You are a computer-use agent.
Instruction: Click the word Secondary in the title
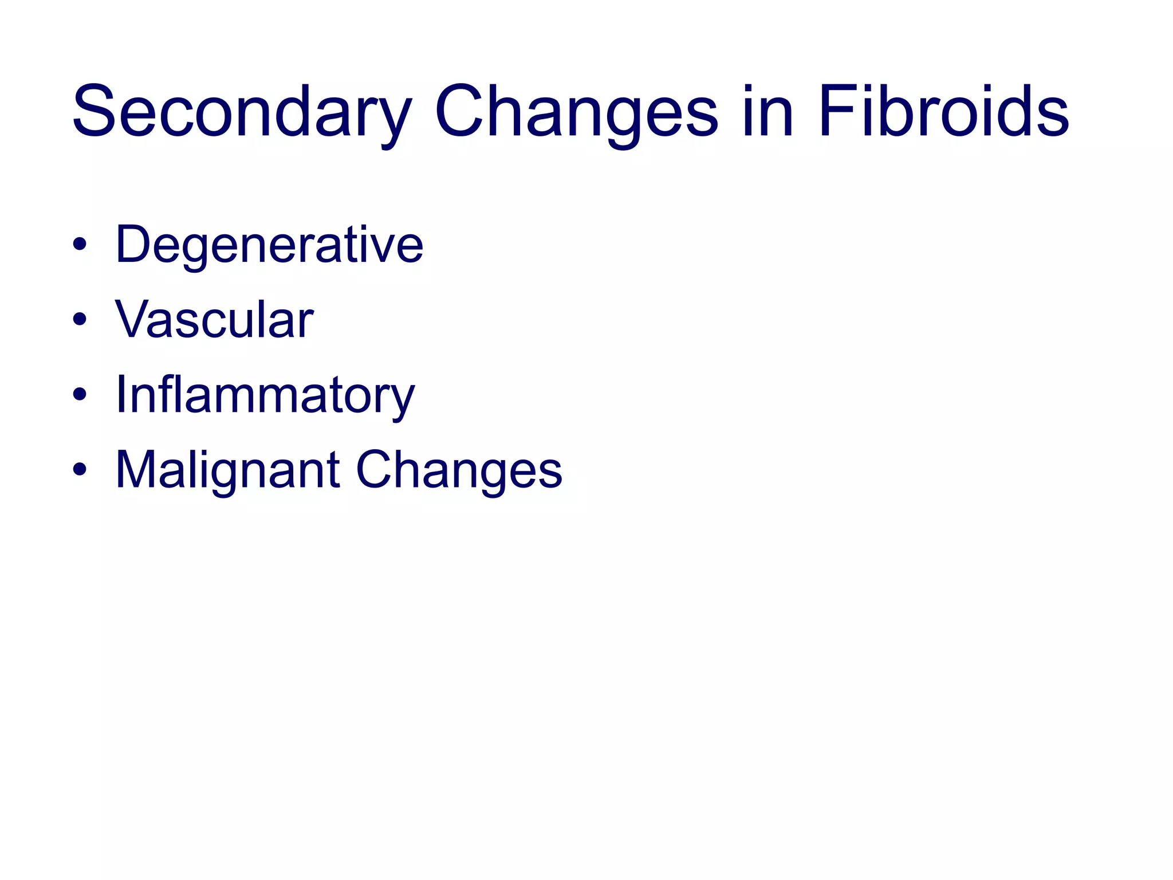(x=241, y=112)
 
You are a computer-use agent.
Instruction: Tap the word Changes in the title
(x=576, y=112)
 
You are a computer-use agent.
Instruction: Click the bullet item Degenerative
(x=269, y=245)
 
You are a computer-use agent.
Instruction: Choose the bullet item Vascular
(x=214, y=320)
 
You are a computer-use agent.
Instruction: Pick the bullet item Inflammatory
(x=265, y=395)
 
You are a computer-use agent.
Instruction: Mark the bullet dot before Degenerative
(x=80, y=245)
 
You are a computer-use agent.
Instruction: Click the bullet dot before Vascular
(x=80, y=320)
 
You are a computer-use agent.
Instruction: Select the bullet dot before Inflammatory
(x=80, y=395)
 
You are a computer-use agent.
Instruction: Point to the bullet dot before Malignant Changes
(x=80, y=470)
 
